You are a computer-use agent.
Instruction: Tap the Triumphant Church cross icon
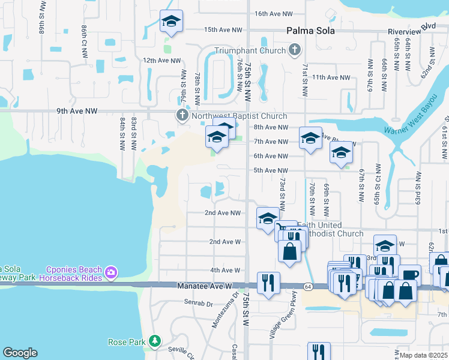click(295, 50)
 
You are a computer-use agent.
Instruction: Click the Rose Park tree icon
click(155, 341)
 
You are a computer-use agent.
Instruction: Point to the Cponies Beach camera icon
click(110, 273)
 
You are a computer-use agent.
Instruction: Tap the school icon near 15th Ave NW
click(172, 22)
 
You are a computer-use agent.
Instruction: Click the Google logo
click(20, 353)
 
